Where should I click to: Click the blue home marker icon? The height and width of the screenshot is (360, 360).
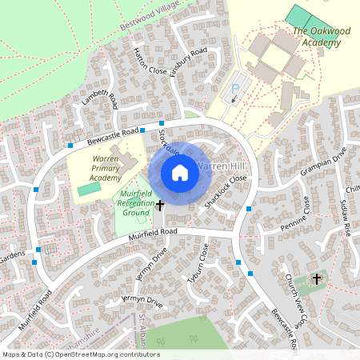(x=180, y=173)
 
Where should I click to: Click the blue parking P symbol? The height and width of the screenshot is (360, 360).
(x=235, y=89)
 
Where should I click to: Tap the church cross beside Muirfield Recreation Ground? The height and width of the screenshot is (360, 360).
(x=159, y=206)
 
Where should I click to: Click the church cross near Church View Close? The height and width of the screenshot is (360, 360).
(x=317, y=279)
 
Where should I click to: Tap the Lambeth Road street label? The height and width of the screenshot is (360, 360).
(x=99, y=102)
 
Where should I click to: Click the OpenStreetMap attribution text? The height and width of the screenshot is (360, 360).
(x=80, y=354)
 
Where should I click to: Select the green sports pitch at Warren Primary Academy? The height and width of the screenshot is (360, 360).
(x=90, y=189)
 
